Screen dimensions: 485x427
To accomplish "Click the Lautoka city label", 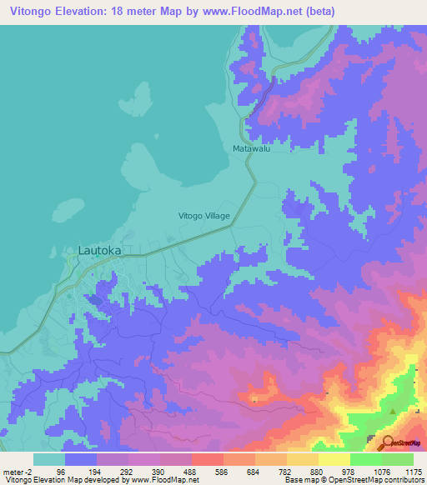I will [x=99, y=249].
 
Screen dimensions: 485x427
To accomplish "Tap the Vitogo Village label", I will [x=204, y=216].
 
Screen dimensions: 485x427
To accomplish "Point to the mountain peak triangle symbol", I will [x=393, y=409].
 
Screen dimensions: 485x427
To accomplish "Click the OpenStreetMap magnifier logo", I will [x=389, y=442].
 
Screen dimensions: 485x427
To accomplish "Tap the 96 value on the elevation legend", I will [x=61, y=472].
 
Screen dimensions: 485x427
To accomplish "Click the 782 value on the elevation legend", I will [x=283, y=472].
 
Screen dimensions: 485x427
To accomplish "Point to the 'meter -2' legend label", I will [x=16, y=472].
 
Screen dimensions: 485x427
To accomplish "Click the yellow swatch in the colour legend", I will [x=334, y=459].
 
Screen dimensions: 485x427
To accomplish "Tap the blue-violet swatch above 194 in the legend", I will [x=81, y=459].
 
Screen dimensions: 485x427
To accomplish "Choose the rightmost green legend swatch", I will [x=398, y=459].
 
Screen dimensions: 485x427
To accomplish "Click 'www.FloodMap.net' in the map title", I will [x=271, y=12].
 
